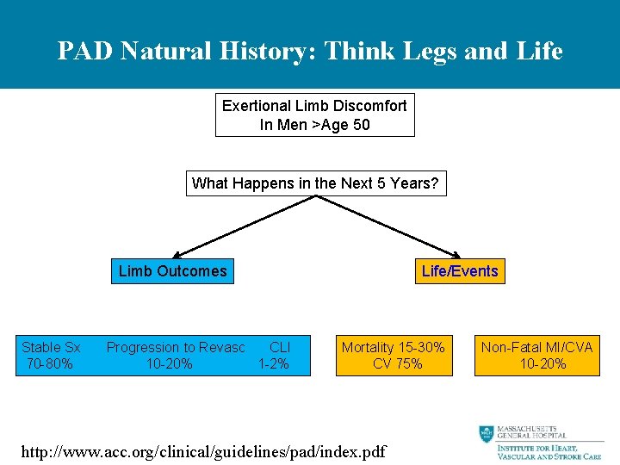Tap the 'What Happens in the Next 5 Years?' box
[315, 183]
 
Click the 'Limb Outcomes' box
[172, 271]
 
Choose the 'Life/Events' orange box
[459, 271]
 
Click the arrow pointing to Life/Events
[387, 226]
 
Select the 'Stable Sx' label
[51, 347]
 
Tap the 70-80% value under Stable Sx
[50, 364]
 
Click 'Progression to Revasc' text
[175, 347]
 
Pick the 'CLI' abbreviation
[279, 347]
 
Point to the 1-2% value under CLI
[274, 364]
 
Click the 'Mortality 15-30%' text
[394, 347]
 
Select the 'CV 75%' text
[397, 364]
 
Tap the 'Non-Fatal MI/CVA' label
[536, 347]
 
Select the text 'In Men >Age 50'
[314, 124]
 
